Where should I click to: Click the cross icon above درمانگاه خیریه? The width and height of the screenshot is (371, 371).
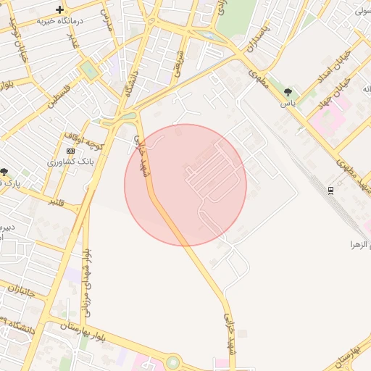[59, 9]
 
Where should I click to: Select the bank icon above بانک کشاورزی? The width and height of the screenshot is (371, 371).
[70, 151]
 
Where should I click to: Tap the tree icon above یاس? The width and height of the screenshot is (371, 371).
[288, 92]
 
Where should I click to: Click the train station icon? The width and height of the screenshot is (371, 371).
[331, 190]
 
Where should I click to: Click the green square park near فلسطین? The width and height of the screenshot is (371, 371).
[88, 70]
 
